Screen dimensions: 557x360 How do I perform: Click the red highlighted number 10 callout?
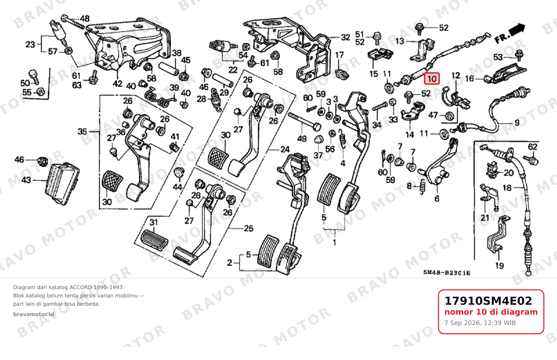pos(432,79)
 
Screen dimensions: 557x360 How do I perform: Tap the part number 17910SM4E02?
pos(488,301)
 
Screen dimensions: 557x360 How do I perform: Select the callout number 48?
pos(85,19)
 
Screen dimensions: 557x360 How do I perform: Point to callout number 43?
pos(26,179)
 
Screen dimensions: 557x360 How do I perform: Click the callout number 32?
pos(345,37)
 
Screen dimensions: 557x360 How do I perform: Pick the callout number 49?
pos(302,139)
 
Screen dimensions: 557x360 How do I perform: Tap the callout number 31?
pos(154,222)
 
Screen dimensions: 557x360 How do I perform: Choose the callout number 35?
pos(83,131)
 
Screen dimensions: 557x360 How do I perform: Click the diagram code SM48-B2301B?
pos(447,273)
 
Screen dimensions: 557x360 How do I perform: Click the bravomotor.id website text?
pos(34,314)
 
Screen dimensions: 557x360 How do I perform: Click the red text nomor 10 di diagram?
pos(491,312)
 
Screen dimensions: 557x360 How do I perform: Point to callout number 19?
pos(499,266)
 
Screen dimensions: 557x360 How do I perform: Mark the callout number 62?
pos(532,147)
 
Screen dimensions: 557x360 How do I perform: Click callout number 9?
pos(517,123)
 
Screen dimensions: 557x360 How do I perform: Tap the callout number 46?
pos(19,159)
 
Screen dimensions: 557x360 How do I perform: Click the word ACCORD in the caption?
pos(81,287)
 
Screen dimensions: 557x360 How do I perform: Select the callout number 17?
pos(339,55)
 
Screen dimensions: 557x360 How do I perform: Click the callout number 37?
pos(318,155)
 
